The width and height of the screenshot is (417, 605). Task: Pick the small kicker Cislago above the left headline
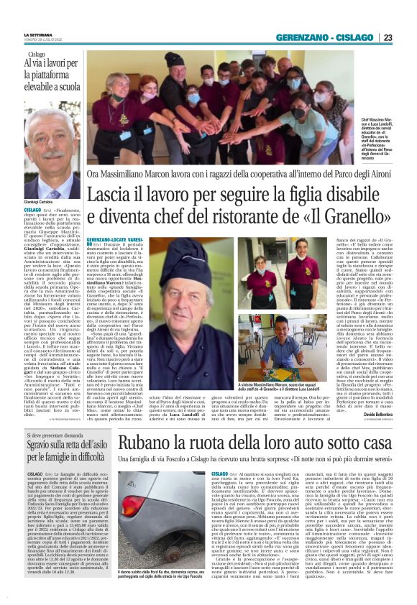click(36, 55)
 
